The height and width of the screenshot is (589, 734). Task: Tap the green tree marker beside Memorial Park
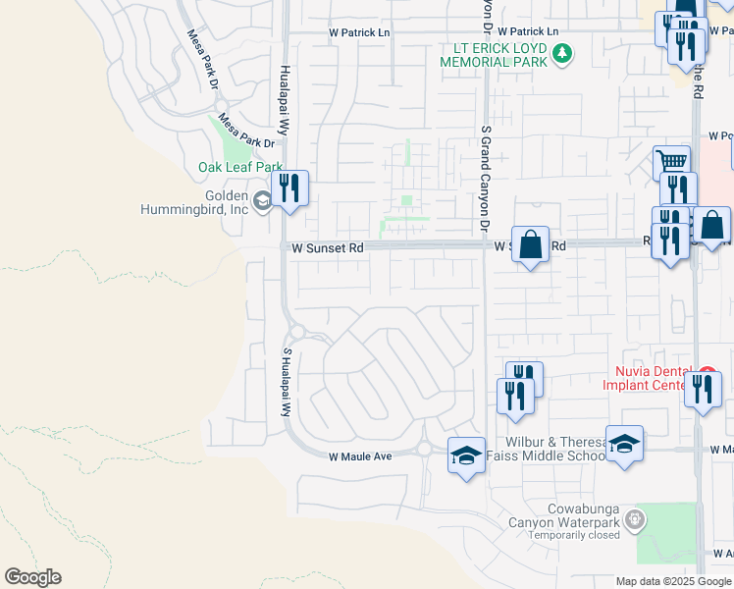click(x=562, y=53)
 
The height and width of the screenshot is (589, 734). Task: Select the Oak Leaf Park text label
click(x=240, y=167)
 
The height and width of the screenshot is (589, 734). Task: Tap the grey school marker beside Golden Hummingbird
click(x=262, y=201)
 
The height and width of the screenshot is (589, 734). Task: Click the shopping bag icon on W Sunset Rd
click(x=530, y=244)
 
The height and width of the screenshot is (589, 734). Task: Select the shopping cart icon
click(x=672, y=162)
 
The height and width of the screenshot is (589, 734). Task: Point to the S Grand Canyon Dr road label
click(x=485, y=178)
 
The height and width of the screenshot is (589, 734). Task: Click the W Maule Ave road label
click(x=360, y=456)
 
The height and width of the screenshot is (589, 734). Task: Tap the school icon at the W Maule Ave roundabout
click(x=466, y=455)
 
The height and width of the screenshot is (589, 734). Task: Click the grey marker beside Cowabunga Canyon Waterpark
click(x=636, y=516)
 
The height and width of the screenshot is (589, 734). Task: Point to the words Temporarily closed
click(x=564, y=535)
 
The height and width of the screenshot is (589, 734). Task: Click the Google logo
click(x=32, y=577)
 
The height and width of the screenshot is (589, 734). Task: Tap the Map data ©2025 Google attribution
click(x=673, y=581)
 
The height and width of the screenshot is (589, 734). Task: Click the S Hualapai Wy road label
click(x=288, y=383)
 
